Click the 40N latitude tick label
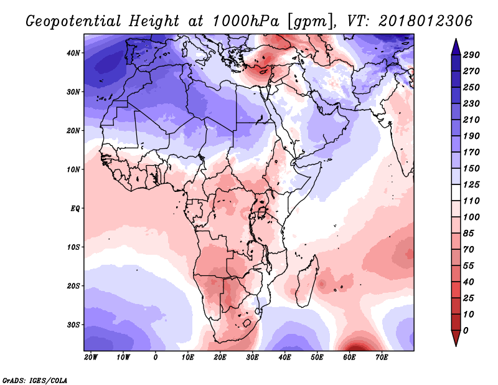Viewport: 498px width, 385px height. coord(73,53)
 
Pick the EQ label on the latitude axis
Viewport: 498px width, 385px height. coord(75,208)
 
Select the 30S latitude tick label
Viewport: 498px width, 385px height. coord(73,325)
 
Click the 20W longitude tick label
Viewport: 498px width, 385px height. coord(91,358)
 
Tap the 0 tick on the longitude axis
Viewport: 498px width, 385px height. coord(156,358)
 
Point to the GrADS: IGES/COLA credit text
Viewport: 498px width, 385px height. coord(34,379)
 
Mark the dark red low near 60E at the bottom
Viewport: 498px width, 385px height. coord(357,347)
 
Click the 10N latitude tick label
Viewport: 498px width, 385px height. coord(73,169)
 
